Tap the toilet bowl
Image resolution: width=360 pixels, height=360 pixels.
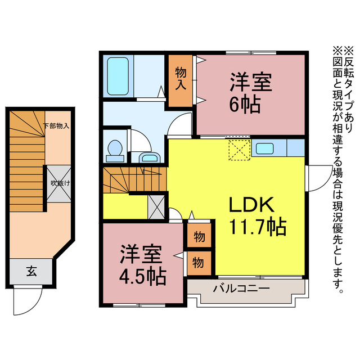point(116,148)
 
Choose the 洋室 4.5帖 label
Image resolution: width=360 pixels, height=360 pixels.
point(142,265)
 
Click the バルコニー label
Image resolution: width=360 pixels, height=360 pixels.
point(241,289)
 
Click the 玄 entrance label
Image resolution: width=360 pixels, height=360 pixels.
point(31,272)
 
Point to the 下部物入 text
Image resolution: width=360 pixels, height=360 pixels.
point(56,126)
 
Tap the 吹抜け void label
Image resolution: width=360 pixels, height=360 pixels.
point(58,183)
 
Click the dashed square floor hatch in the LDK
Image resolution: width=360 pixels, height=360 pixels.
point(238,150)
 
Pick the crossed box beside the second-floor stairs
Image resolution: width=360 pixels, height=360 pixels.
point(156,207)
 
